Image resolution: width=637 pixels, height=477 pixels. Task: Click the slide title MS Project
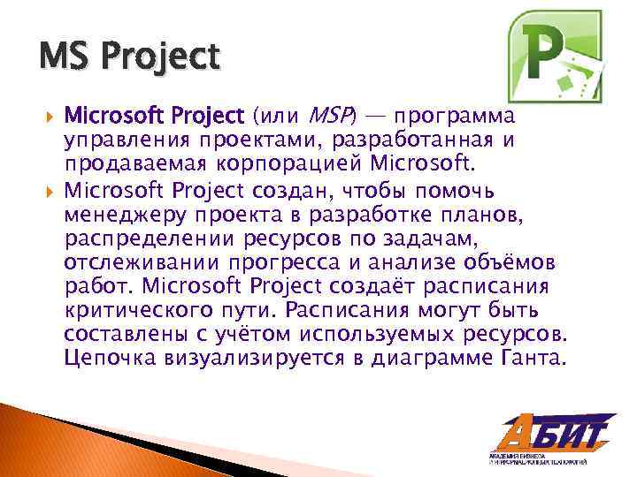coord(128,58)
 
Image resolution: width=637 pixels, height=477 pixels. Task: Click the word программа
coord(456,117)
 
